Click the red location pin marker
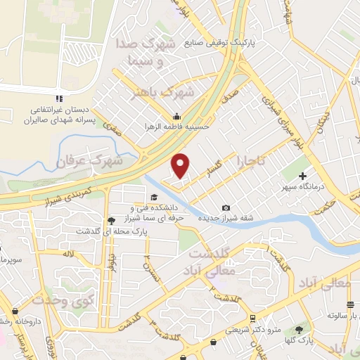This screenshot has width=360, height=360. click(181, 165)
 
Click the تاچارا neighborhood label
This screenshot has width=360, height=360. click(251, 160)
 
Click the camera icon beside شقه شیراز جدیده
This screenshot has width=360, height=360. click(226, 207)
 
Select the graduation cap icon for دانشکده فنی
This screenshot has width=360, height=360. click(153, 198)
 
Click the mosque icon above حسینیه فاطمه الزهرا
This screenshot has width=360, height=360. click(176, 117)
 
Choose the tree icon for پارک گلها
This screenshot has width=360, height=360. click(299, 330)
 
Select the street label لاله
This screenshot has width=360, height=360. click(68, 252)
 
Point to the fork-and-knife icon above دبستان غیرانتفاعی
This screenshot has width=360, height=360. click(59, 98)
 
